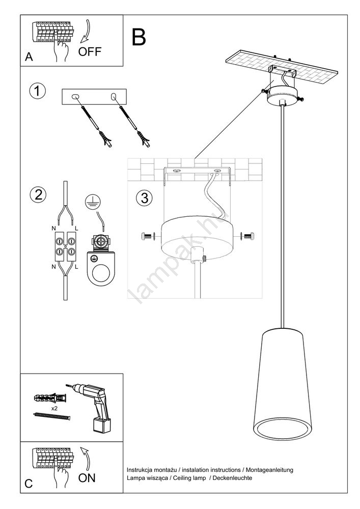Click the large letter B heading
(x=139, y=37)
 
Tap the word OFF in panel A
(x=90, y=51)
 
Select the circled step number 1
(x=37, y=92)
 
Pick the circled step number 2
(x=37, y=194)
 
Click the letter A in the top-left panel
(x=29, y=58)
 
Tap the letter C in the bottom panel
(x=30, y=484)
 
